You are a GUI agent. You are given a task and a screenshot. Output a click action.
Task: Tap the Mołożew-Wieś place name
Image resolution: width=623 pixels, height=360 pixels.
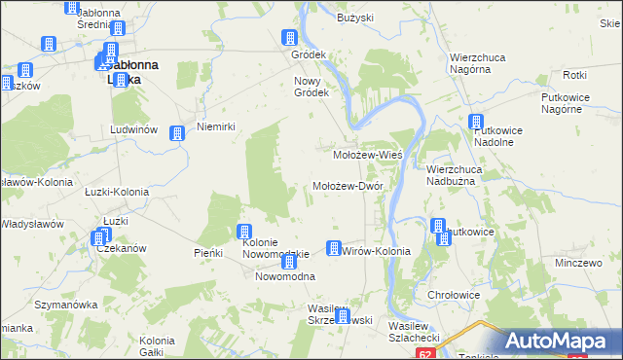[368, 155]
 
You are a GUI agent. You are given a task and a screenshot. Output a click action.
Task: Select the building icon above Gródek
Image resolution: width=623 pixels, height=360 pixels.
[289, 39]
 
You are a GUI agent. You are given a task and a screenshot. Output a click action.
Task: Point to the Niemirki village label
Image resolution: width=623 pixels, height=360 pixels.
[216, 126]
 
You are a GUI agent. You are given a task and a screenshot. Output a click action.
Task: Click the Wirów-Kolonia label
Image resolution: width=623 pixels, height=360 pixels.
[377, 251]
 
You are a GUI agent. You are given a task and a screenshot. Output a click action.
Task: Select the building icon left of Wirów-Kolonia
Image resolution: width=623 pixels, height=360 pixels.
[334, 248]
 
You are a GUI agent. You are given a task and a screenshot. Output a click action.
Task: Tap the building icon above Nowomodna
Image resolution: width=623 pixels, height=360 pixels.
[288, 262]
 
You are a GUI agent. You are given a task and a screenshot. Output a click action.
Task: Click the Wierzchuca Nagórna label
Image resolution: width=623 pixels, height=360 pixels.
[482, 64]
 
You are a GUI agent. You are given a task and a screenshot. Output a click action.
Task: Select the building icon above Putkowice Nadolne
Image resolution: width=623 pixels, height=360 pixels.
[475, 123]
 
